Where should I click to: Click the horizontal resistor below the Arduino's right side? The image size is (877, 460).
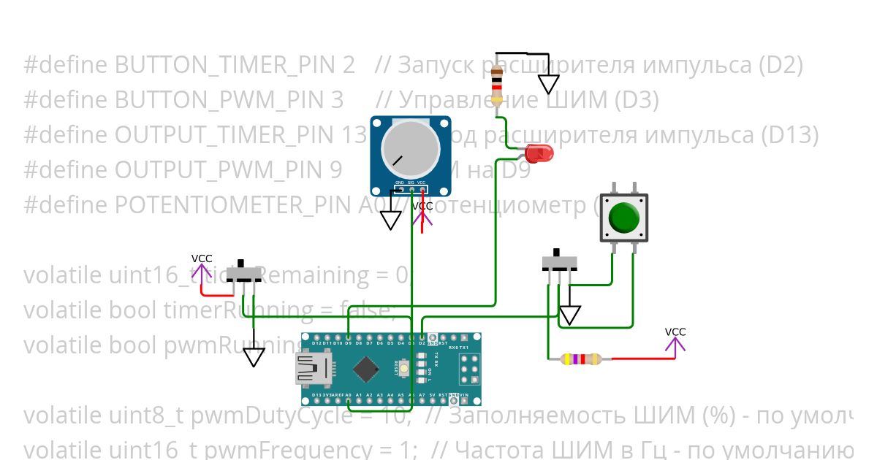[x=580, y=359]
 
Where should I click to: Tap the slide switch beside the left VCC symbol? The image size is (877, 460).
[x=244, y=274]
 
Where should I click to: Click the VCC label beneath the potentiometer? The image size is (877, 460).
[x=422, y=207]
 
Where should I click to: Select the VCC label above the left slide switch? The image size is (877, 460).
[x=202, y=258]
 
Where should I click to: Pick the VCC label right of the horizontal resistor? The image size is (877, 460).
[x=675, y=332]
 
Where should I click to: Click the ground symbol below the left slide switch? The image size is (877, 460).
[x=254, y=357]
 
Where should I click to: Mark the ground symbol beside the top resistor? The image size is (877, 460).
[x=549, y=85]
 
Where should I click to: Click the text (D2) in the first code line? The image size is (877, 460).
[x=780, y=66]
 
